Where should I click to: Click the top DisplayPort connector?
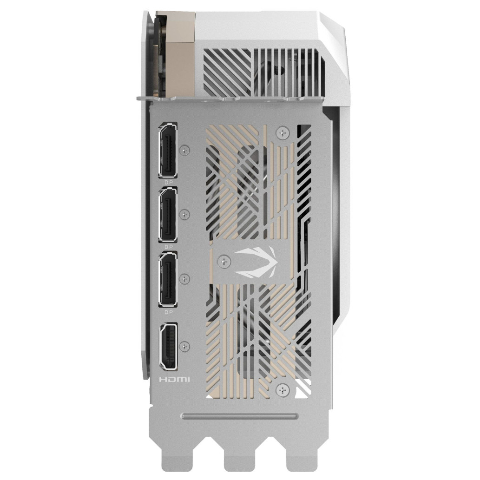coord(168,150)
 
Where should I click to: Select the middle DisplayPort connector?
coord(168,215)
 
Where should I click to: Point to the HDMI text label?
coord(175,380)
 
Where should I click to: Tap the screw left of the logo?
coord(225,261)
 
